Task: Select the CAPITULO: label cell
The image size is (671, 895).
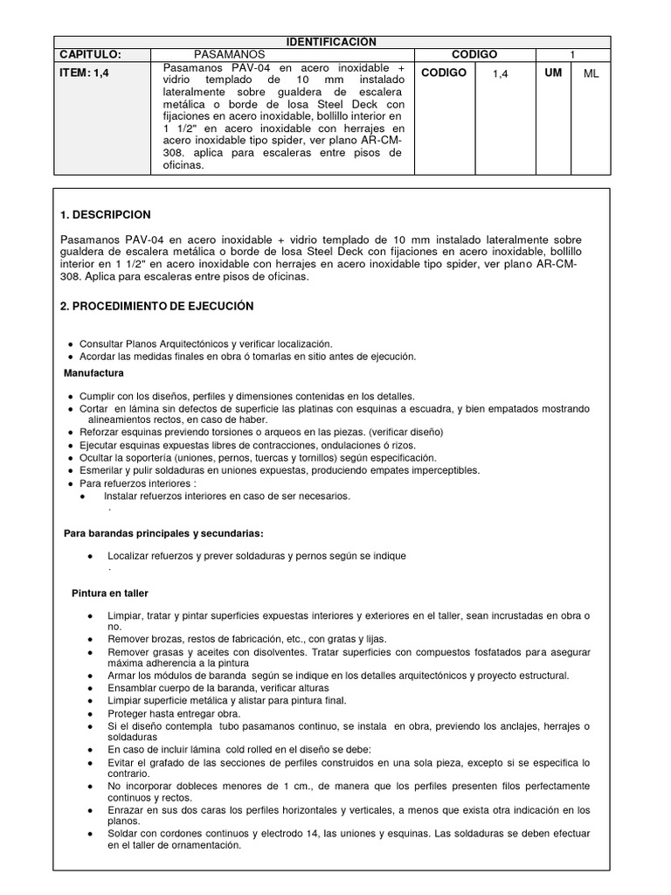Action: coord(90,54)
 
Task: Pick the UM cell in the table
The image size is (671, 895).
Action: coord(552,73)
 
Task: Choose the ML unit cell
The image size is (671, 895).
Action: coord(591,74)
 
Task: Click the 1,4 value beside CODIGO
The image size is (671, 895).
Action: coord(500,74)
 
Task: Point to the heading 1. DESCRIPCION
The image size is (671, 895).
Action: coord(106,214)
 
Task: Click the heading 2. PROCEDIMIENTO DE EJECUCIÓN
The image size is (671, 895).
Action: coord(157,306)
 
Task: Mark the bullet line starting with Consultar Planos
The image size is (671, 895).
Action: coord(205,344)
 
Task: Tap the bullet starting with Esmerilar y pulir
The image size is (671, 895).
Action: coord(280,470)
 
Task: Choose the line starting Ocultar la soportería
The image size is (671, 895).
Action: coord(257,457)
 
